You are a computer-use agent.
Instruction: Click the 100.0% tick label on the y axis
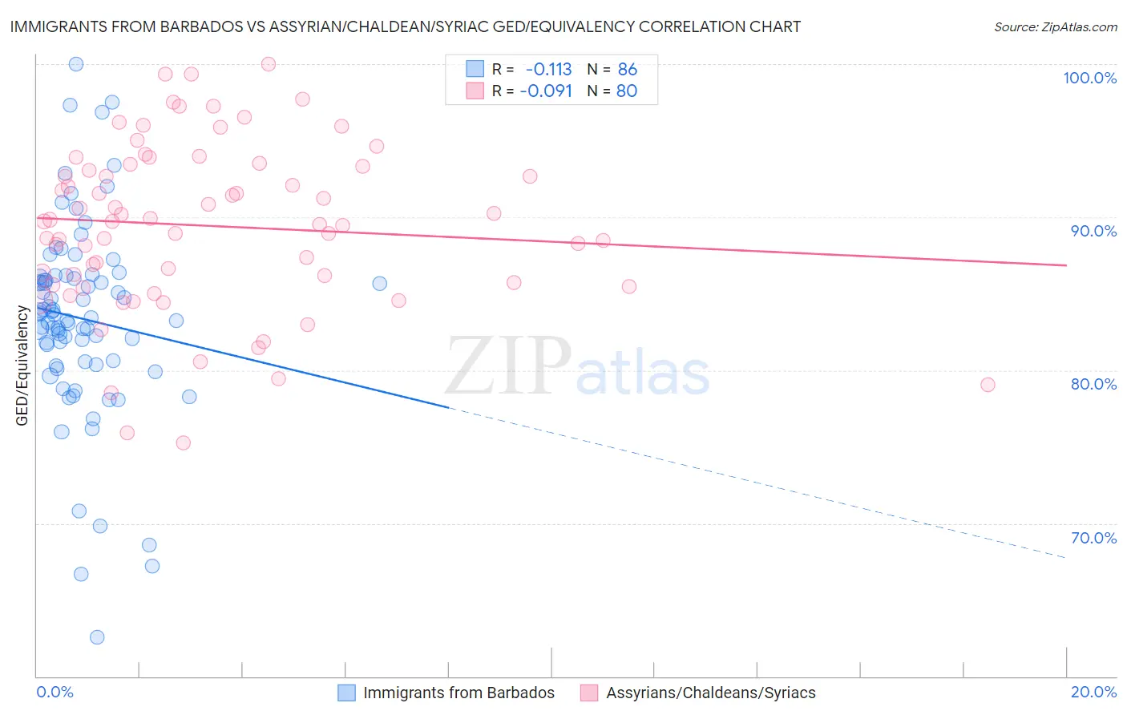point(1089,78)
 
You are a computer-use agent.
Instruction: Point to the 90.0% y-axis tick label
point(1093,231)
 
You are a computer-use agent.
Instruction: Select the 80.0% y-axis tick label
point(1093,384)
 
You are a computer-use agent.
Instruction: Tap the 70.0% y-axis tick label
point(1093,538)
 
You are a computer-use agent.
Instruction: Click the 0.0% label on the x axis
point(55,692)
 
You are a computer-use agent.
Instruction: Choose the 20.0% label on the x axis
point(1093,692)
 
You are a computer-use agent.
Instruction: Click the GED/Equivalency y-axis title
point(22,366)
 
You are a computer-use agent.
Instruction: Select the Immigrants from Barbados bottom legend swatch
point(346,693)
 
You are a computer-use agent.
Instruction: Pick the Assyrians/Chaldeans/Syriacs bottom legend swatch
point(589,693)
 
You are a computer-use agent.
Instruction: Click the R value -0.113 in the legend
point(548,70)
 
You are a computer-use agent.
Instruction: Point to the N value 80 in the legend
point(627,91)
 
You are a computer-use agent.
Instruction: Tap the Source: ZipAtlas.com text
point(1055,27)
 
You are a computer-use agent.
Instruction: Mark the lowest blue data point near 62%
point(97,637)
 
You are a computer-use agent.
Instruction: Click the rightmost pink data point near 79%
point(988,385)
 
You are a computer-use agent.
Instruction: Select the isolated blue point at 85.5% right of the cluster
point(380,284)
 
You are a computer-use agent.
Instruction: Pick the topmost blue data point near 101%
point(76,64)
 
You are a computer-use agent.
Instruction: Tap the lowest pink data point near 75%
point(183,443)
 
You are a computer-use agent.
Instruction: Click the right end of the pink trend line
point(1066,265)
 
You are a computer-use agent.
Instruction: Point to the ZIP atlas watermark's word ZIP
point(508,366)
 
